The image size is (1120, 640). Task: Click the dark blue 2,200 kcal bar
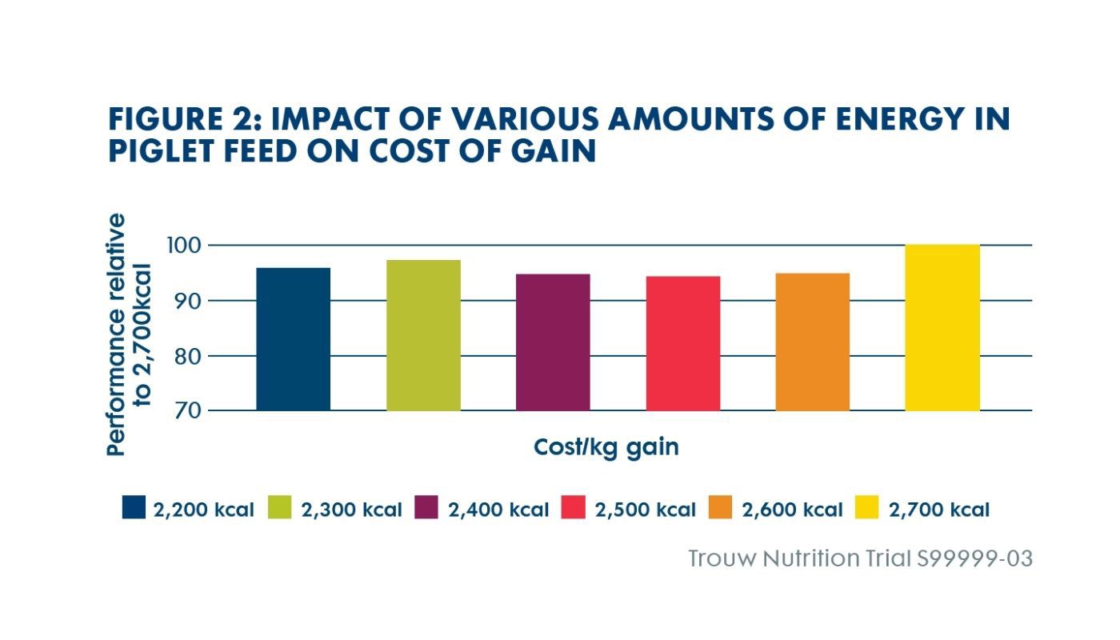point(293,339)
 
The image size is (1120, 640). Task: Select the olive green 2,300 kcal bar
point(423,335)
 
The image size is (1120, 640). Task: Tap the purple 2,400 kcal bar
point(553,342)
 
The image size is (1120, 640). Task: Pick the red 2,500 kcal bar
point(682,343)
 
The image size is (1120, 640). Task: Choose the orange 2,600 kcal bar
point(812,342)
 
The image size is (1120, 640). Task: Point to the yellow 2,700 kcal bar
point(942,327)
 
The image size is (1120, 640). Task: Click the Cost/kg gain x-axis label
point(606,446)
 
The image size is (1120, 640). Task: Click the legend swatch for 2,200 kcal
point(134,508)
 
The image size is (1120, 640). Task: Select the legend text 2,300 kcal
point(351,510)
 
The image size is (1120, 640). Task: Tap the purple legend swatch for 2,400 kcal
point(427,508)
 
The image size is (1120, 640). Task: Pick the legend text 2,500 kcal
point(645,510)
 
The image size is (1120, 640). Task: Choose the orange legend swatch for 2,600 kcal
point(721,508)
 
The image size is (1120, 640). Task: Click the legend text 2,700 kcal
point(939,510)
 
